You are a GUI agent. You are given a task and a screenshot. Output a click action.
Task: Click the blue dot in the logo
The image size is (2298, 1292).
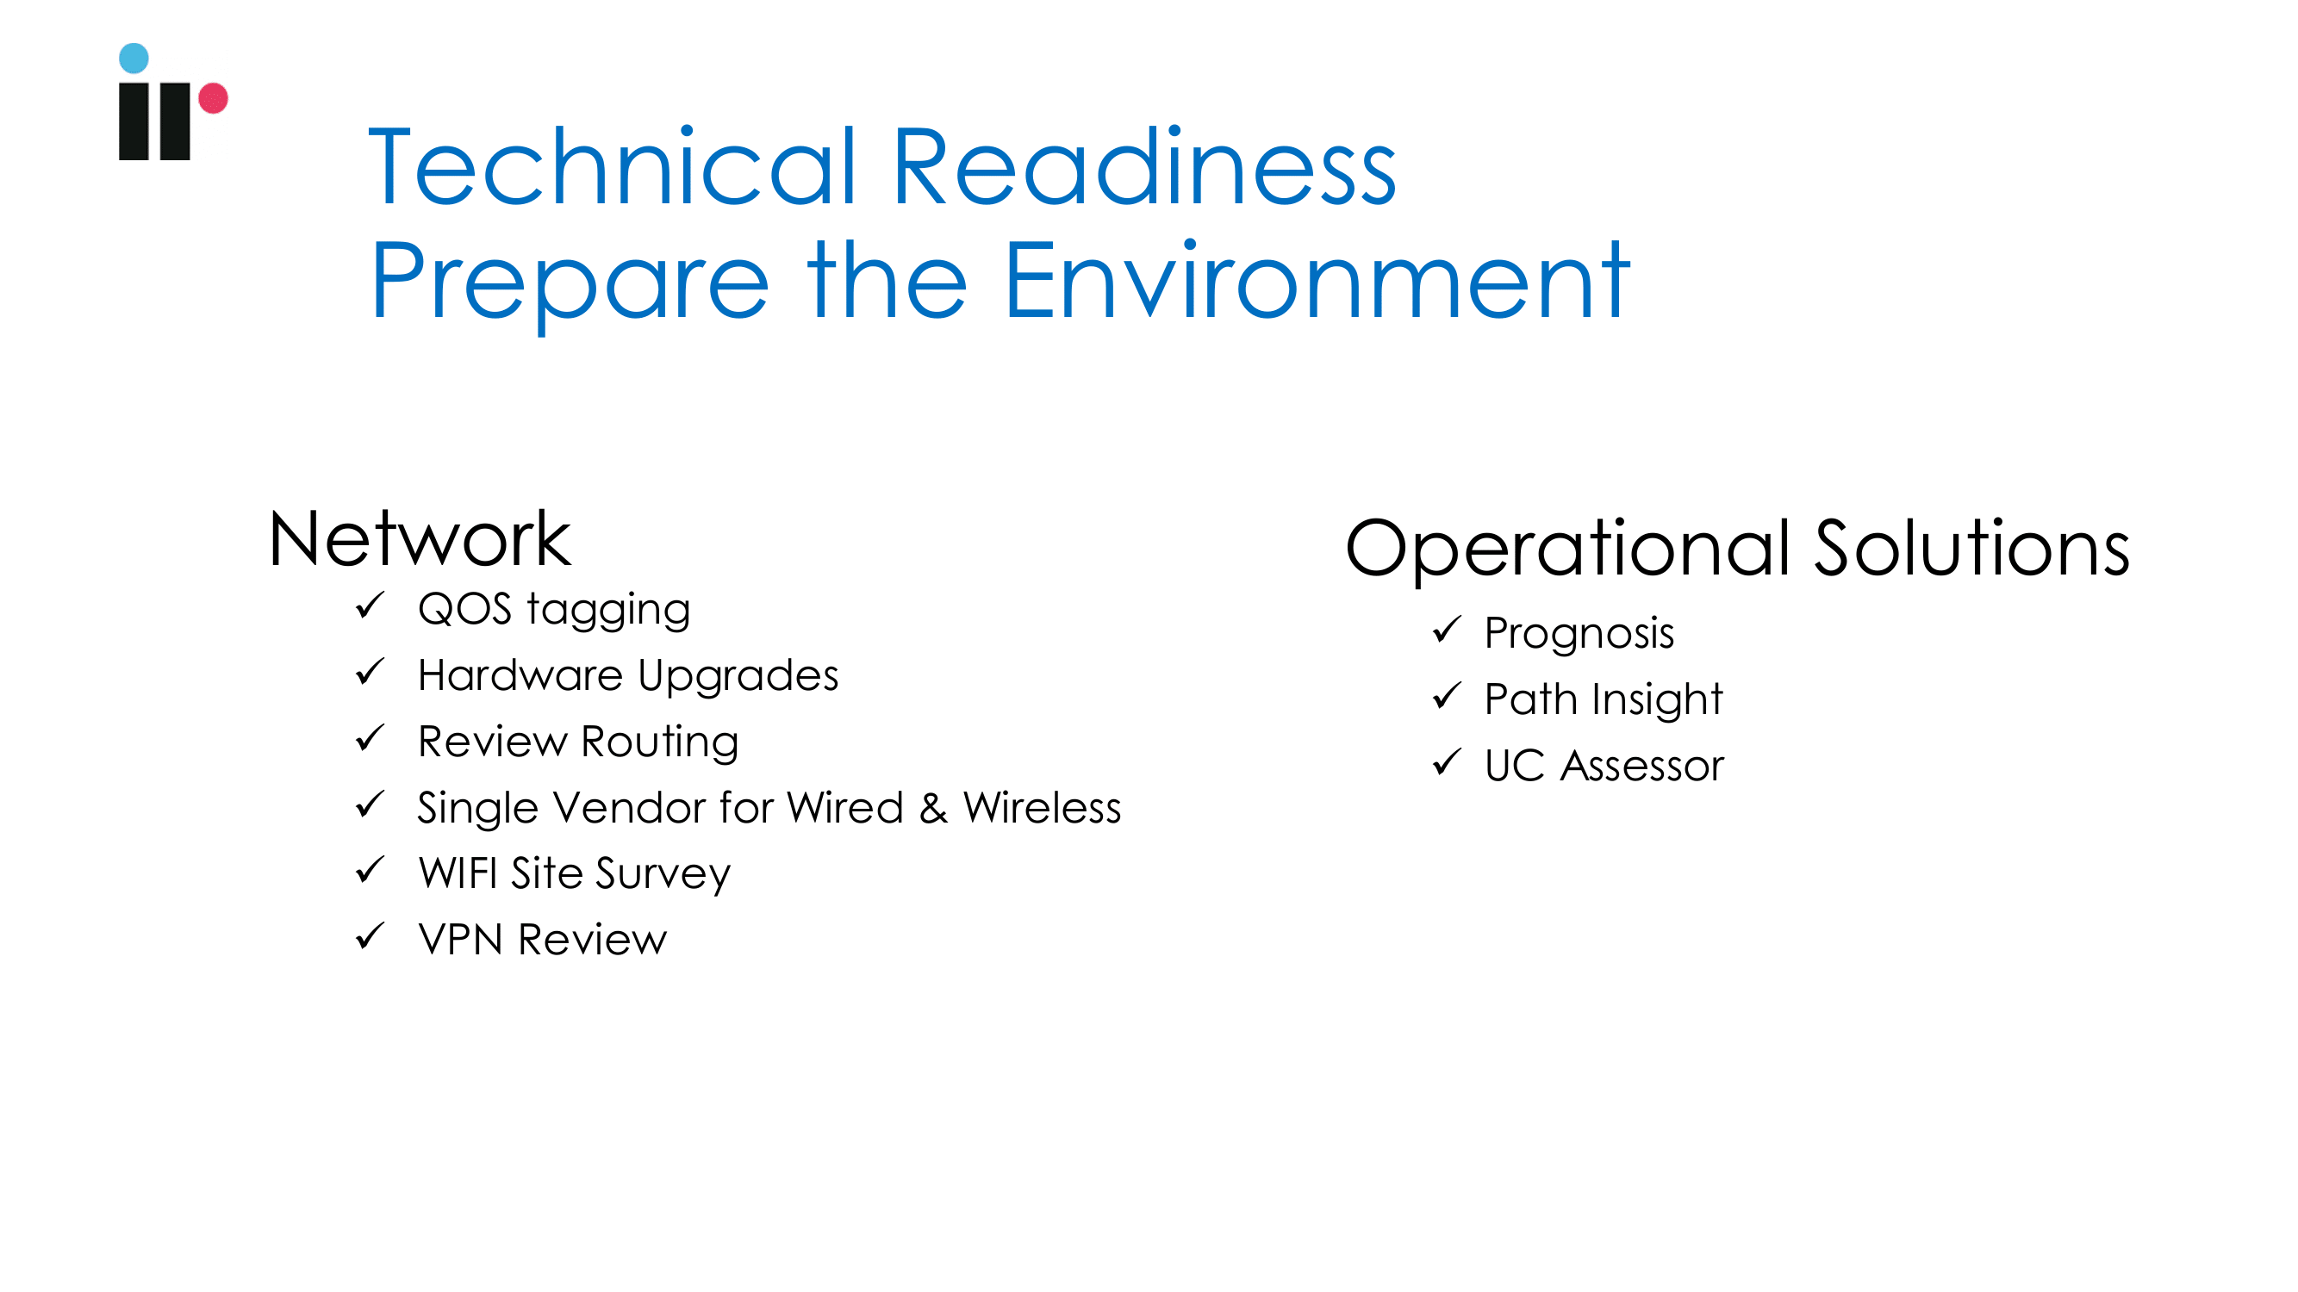[x=134, y=58]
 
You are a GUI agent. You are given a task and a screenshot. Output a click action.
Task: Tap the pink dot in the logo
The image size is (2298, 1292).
[x=213, y=98]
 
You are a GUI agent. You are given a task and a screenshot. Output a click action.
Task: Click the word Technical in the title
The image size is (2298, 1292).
[x=613, y=167]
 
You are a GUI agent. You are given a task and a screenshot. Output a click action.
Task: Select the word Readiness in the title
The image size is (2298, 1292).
[x=1143, y=167]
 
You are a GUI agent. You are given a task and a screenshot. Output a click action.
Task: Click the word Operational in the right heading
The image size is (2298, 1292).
[x=1568, y=550]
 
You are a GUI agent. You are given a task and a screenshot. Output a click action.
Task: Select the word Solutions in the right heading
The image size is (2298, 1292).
[x=1972, y=548]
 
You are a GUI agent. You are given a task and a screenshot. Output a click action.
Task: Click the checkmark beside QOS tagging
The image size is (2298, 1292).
[x=371, y=606]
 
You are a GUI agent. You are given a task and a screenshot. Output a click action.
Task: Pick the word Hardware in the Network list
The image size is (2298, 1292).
[x=520, y=675]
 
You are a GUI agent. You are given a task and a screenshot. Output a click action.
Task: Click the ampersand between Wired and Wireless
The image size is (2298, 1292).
[x=934, y=808]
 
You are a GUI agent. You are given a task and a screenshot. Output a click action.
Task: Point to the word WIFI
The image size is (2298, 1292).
[x=458, y=873]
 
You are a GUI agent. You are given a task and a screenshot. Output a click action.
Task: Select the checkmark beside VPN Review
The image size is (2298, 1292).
[x=371, y=936]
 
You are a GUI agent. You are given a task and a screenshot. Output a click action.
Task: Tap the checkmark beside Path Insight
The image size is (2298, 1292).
[x=1447, y=696]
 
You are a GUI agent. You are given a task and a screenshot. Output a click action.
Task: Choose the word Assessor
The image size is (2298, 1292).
[x=1642, y=766]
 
